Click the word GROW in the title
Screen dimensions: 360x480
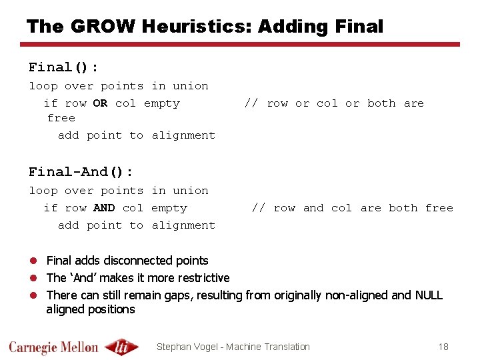point(93,27)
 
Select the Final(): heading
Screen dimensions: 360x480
point(63,67)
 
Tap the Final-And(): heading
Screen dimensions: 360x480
point(81,172)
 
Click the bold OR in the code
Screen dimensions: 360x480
point(100,103)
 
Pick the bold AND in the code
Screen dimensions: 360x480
point(104,208)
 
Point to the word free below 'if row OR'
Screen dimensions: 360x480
point(61,118)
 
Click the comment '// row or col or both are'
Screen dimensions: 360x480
point(333,103)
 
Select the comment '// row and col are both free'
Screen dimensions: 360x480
point(351,208)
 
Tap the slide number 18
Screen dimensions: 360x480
point(443,347)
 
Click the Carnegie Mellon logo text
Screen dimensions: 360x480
point(53,347)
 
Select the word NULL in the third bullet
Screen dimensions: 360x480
point(428,295)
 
